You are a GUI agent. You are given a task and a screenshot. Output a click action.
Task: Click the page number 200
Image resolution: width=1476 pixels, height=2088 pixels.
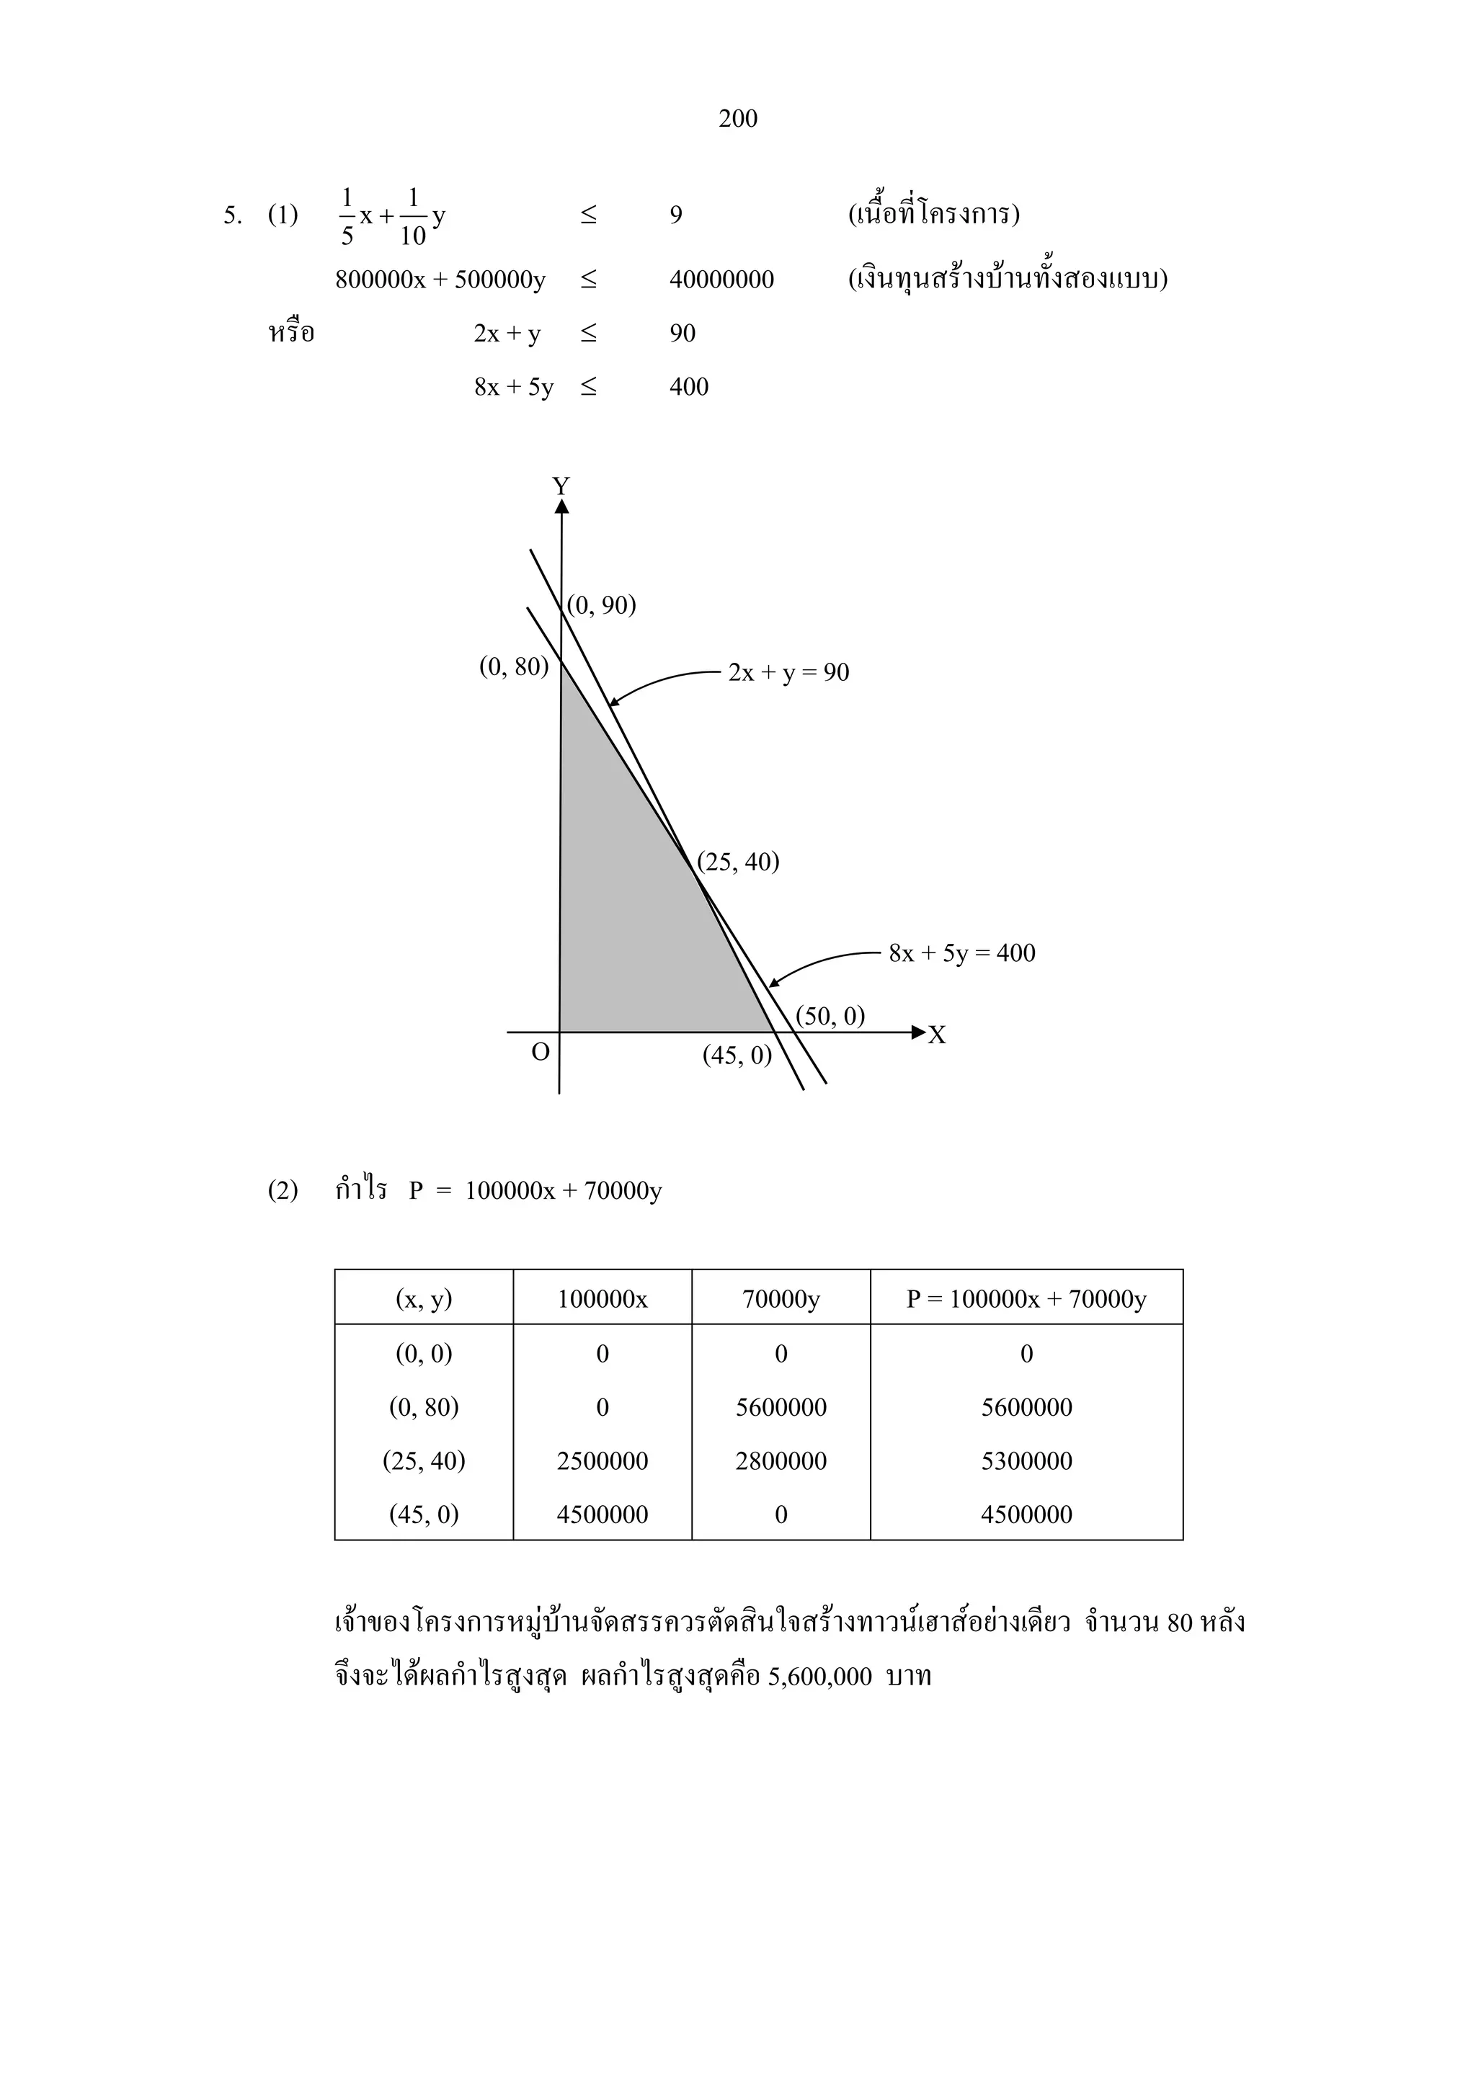(x=737, y=118)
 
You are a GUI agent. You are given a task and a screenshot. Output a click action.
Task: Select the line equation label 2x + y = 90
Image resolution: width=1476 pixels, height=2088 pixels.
(x=788, y=672)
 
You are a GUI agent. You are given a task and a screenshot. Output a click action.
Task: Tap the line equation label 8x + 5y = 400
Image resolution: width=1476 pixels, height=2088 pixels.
(x=961, y=953)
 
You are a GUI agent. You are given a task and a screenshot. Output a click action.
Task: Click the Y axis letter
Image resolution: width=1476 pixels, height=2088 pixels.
(x=561, y=486)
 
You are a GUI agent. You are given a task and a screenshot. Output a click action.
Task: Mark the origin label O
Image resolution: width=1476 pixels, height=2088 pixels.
(x=541, y=1052)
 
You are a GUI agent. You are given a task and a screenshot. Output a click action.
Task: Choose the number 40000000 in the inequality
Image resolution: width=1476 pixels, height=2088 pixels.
(x=721, y=279)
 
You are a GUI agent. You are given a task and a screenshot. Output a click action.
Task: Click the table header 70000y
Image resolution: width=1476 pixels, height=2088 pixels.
(x=781, y=1298)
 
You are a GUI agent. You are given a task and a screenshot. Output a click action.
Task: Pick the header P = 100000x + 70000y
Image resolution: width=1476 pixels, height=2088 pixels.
(x=1026, y=1298)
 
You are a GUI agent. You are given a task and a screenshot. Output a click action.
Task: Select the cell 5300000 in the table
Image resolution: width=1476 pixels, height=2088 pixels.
(x=1026, y=1460)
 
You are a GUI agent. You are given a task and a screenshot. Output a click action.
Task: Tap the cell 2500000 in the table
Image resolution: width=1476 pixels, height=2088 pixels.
(x=602, y=1460)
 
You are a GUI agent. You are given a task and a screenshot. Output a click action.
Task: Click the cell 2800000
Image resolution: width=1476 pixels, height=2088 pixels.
(x=781, y=1460)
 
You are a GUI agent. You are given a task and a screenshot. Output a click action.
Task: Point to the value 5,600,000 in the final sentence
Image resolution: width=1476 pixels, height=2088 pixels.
(x=819, y=1677)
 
